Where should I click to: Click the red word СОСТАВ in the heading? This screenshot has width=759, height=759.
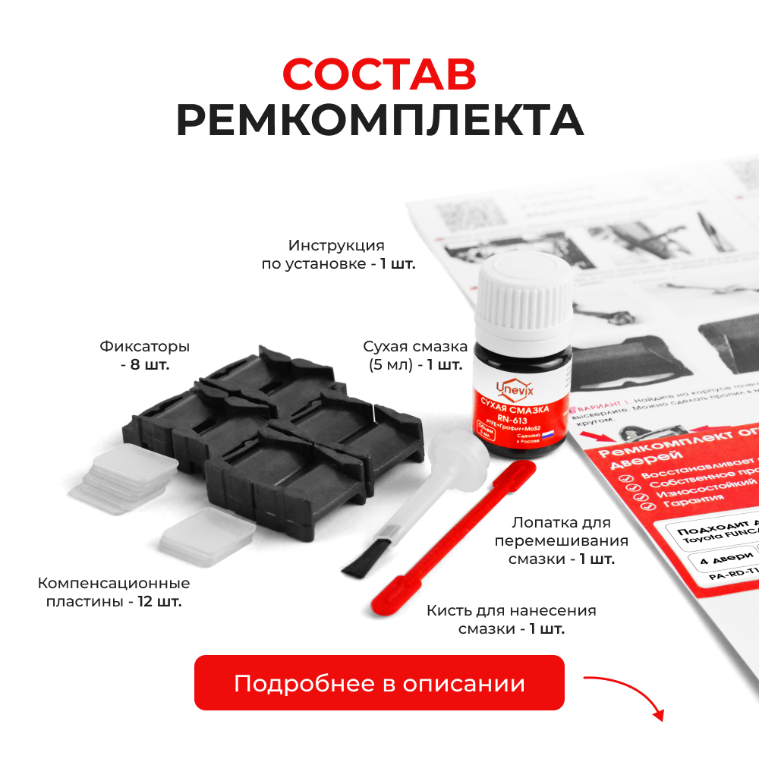[379, 74]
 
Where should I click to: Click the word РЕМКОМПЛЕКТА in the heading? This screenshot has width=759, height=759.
[379, 120]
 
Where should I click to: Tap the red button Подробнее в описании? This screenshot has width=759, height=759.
[379, 682]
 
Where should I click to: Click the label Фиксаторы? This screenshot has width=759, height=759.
[144, 347]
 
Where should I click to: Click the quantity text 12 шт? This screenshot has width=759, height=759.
[159, 601]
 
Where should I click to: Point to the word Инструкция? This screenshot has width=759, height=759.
[336, 246]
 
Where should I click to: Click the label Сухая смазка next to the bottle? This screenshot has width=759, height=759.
[415, 347]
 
